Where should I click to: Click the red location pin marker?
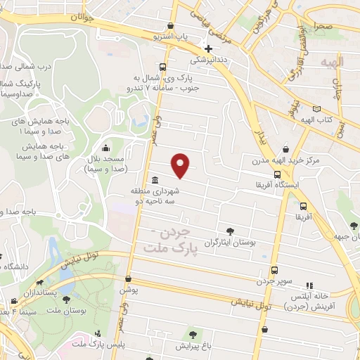181,165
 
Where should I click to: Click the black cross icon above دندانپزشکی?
208,49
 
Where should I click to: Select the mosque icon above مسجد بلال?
105,148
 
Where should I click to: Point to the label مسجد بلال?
105,164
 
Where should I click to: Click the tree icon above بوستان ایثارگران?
230,231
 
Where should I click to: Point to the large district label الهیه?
331,63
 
